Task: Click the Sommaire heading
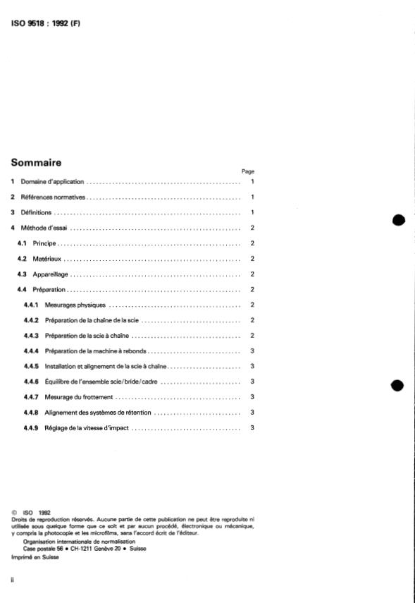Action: coord(36,162)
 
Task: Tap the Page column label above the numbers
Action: coord(247,171)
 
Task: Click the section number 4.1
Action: coord(22,243)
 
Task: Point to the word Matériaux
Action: coord(48,258)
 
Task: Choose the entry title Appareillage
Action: coord(51,274)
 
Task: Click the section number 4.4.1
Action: coord(31,305)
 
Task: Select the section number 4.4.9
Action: coord(31,427)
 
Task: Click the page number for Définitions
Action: coord(252,212)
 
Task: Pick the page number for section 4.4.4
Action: coord(252,351)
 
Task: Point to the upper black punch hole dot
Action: coord(399,219)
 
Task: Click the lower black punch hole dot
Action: coord(399,385)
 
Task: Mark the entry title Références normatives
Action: coord(53,197)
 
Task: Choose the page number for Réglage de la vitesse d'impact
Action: coord(252,427)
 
